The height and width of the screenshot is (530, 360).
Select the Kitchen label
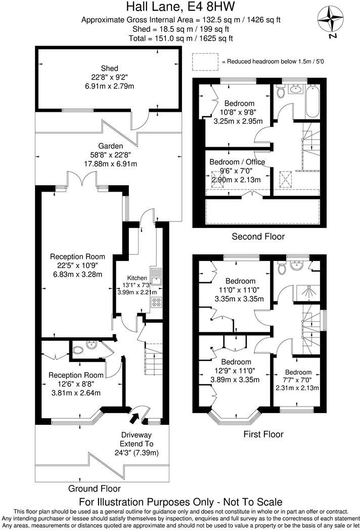pos(137,278)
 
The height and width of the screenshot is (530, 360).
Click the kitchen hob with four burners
pos(156,303)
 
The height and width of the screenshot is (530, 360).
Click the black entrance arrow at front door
pos(135,418)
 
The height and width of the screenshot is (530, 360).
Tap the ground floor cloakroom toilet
pos(78,349)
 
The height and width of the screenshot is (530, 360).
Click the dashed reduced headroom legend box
pos(205,61)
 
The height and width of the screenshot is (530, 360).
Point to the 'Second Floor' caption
pos(258,236)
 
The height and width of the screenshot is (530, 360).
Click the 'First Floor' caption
pos(263,434)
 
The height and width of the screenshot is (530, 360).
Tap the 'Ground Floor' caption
pos(95,489)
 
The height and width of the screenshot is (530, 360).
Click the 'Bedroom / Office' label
pos(237,162)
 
